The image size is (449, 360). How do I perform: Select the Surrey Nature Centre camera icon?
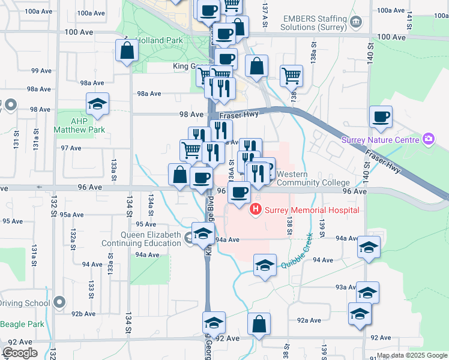coord(429,140)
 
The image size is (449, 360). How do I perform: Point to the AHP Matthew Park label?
coord(79,125)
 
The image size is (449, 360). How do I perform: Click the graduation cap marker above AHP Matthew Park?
coord(97,105)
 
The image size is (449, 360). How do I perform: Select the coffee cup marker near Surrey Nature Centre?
coord(381,117)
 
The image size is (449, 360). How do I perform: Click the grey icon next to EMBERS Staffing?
coord(356,23)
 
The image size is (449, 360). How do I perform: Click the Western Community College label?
coord(312,178)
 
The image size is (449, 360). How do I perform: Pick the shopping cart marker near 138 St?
coord(291,76)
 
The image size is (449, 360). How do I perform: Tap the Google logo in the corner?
coord(20,353)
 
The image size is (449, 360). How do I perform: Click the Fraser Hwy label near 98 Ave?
coord(238,115)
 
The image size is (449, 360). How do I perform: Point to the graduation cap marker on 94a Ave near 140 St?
coord(369,247)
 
